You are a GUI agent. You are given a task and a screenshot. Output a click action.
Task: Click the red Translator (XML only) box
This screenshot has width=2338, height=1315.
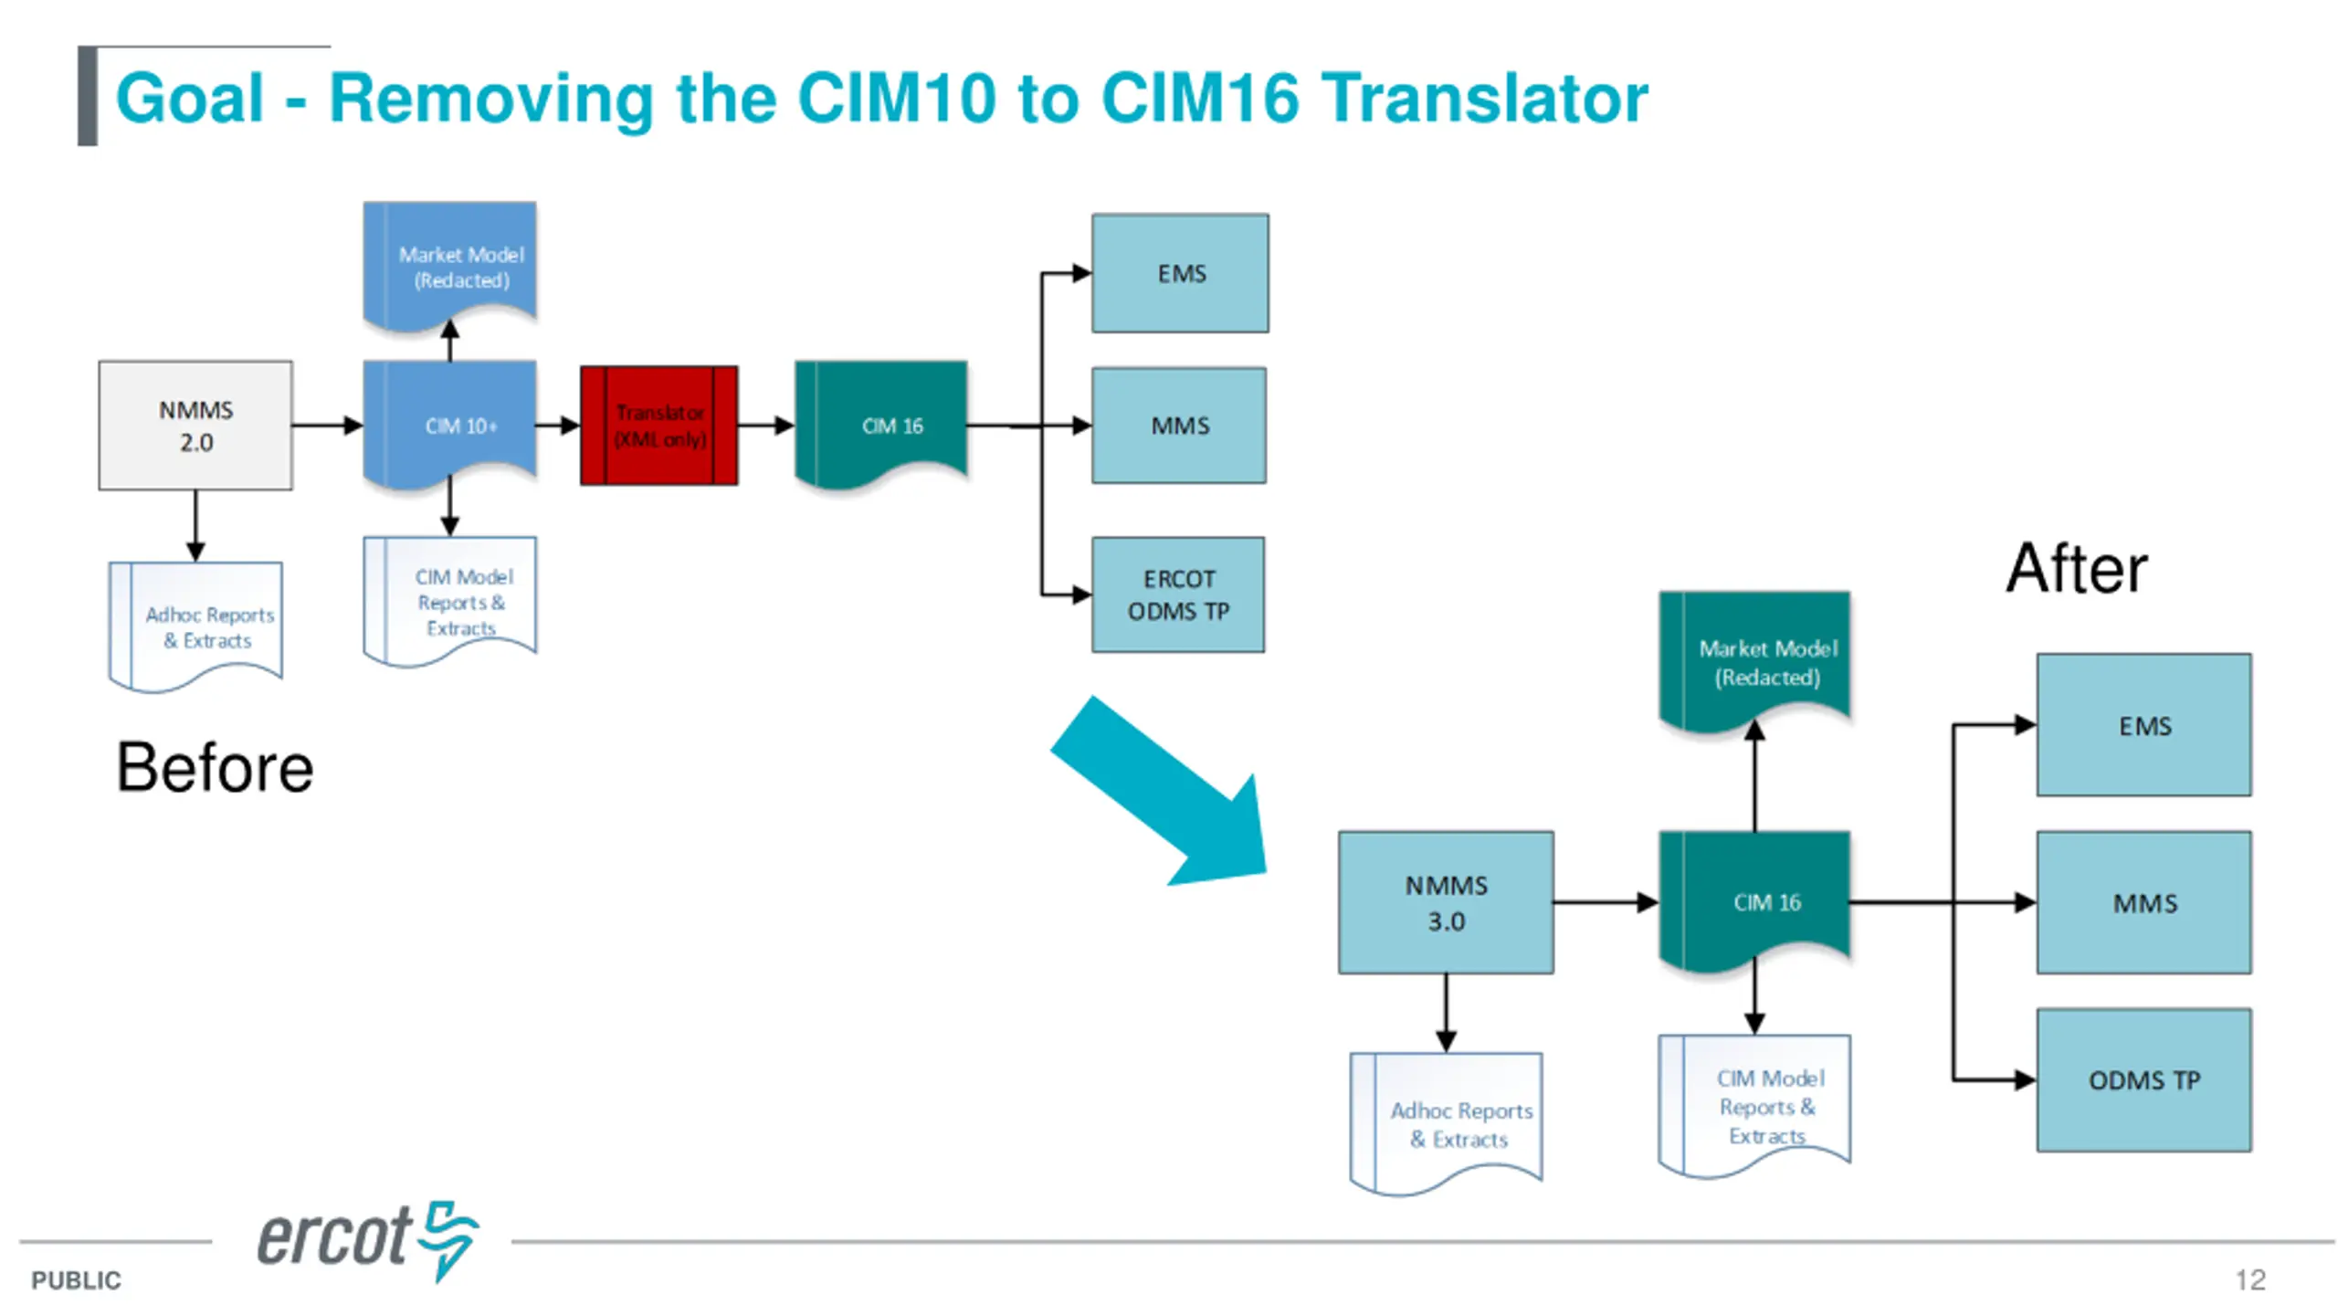point(658,426)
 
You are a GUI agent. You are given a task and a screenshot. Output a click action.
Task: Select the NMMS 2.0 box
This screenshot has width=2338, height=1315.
point(195,426)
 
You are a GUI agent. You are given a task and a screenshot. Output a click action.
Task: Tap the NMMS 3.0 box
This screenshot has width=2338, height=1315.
point(1446,902)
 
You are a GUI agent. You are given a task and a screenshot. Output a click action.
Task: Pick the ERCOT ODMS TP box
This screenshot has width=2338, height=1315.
point(1178,594)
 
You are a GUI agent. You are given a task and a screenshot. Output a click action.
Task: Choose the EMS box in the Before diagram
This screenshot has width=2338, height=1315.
point(1180,273)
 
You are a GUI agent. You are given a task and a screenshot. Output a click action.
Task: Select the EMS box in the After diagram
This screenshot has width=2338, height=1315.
point(2143,725)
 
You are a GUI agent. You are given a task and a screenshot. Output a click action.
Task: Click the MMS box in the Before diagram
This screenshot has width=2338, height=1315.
point(1179,426)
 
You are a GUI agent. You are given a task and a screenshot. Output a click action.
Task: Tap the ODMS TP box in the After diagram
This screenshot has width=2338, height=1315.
point(2143,1080)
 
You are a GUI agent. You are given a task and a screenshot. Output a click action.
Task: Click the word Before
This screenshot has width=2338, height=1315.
point(215,767)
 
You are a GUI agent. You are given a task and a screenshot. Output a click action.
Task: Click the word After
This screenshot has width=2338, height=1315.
point(2077,568)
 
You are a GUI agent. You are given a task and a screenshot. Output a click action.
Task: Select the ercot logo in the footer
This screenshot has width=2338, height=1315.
point(367,1239)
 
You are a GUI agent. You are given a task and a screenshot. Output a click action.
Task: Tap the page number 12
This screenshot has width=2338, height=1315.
point(2250,1279)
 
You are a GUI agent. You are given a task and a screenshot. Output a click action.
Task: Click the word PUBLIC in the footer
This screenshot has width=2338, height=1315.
point(76,1280)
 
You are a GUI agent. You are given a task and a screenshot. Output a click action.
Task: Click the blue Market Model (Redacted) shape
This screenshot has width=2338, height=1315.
point(449,265)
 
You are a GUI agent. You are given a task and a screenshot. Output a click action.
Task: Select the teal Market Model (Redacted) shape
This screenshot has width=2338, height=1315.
point(1754,662)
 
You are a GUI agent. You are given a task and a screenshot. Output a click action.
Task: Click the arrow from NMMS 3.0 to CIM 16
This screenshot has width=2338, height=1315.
point(1606,902)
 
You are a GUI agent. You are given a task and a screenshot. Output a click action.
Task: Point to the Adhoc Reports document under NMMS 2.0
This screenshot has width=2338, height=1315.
point(195,626)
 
